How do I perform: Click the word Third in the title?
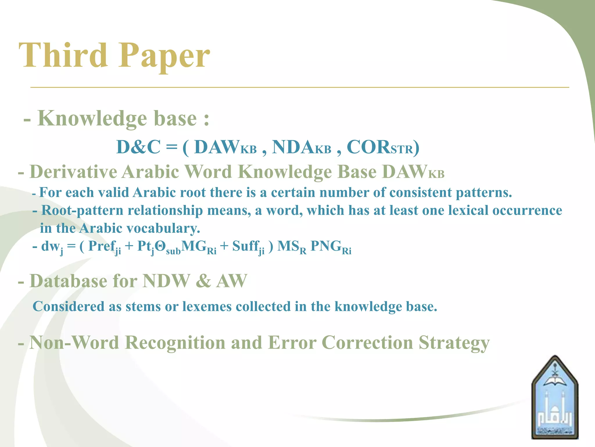[x=63, y=55]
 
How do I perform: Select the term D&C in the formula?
[x=138, y=147]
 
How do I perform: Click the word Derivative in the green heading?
[x=73, y=172]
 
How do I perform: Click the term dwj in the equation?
[x=52, y=247]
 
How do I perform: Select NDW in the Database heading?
[x=166, y=281]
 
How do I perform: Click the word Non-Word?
[x=74, y=343]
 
